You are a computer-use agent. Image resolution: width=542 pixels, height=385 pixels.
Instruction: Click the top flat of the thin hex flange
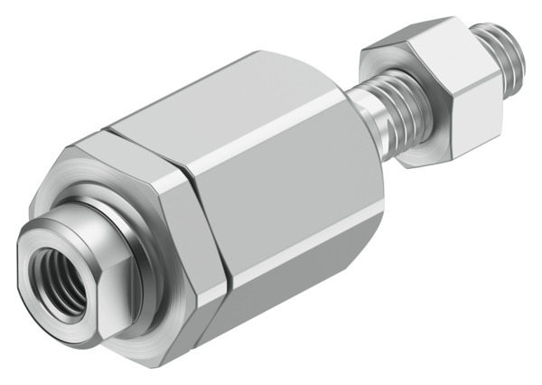[x=135, y=145]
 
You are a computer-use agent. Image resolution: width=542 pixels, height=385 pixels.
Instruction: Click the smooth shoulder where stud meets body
[x=371, y=108]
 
